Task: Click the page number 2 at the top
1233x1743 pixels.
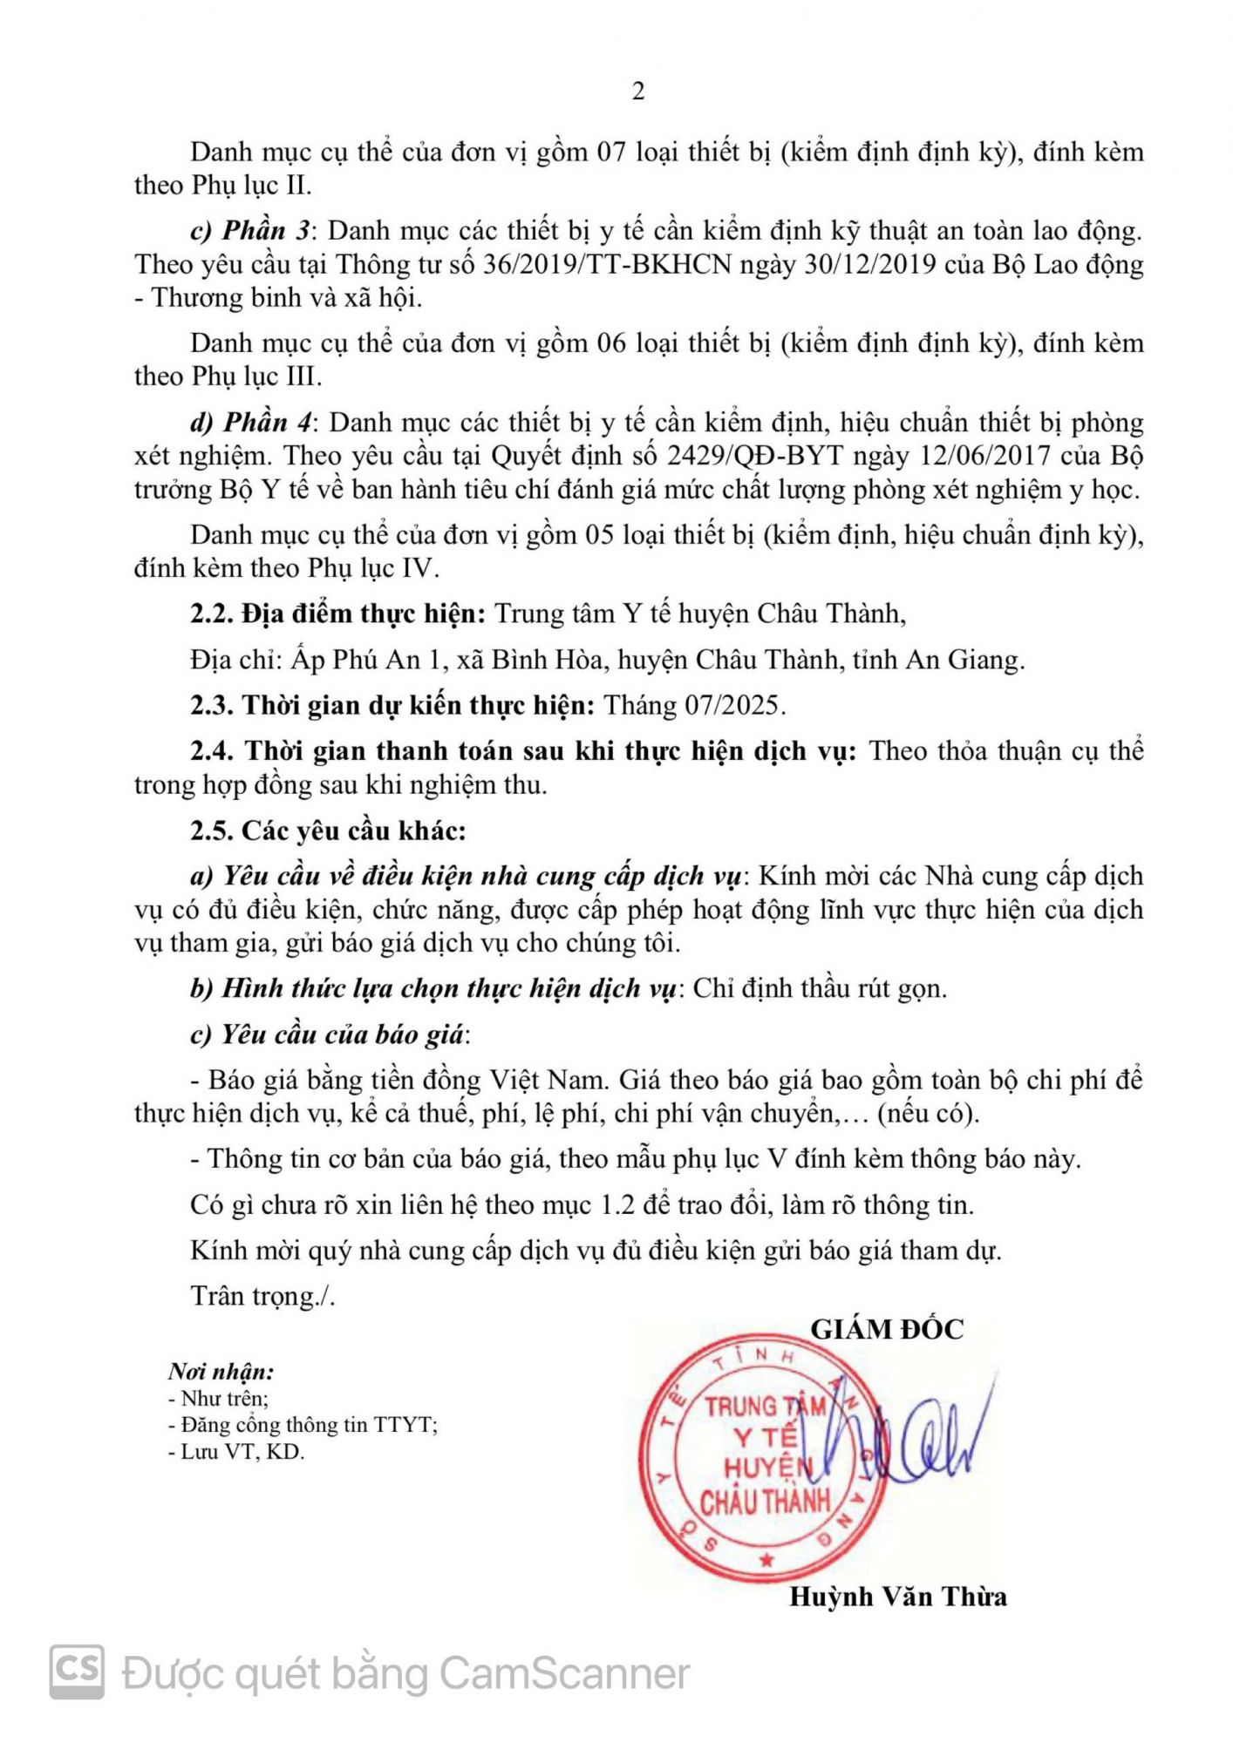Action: coord(638,92)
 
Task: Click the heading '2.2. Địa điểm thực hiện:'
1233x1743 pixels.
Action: coord(337,614)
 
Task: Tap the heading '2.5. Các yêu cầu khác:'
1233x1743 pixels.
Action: coord(328,831)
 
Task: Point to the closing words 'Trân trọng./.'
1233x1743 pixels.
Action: coord(262,1296)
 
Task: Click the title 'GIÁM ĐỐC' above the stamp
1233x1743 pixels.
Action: coord(887,1329)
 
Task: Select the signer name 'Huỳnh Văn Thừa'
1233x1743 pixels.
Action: coord(897,1597)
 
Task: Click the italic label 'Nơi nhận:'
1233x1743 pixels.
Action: coord(221,1372)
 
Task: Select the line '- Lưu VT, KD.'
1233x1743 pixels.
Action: coord(236,1452)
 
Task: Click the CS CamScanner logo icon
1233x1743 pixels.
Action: coord(77,1672)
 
